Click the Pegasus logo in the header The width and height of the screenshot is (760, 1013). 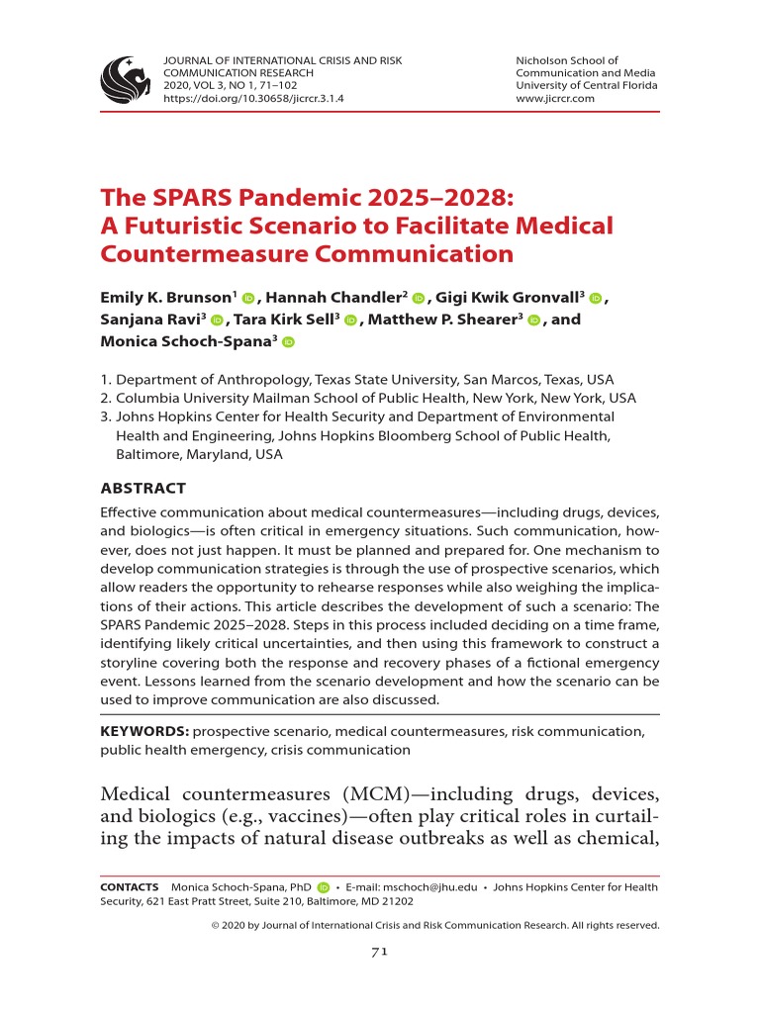click(126, 79)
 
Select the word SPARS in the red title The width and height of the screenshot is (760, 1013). click(183, 197)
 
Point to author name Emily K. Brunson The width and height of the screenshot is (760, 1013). click(164, 298)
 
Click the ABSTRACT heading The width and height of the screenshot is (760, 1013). click(143, 489)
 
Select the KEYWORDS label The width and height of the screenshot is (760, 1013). click(144, 731)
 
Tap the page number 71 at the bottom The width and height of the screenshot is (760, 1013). click(378, 952)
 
